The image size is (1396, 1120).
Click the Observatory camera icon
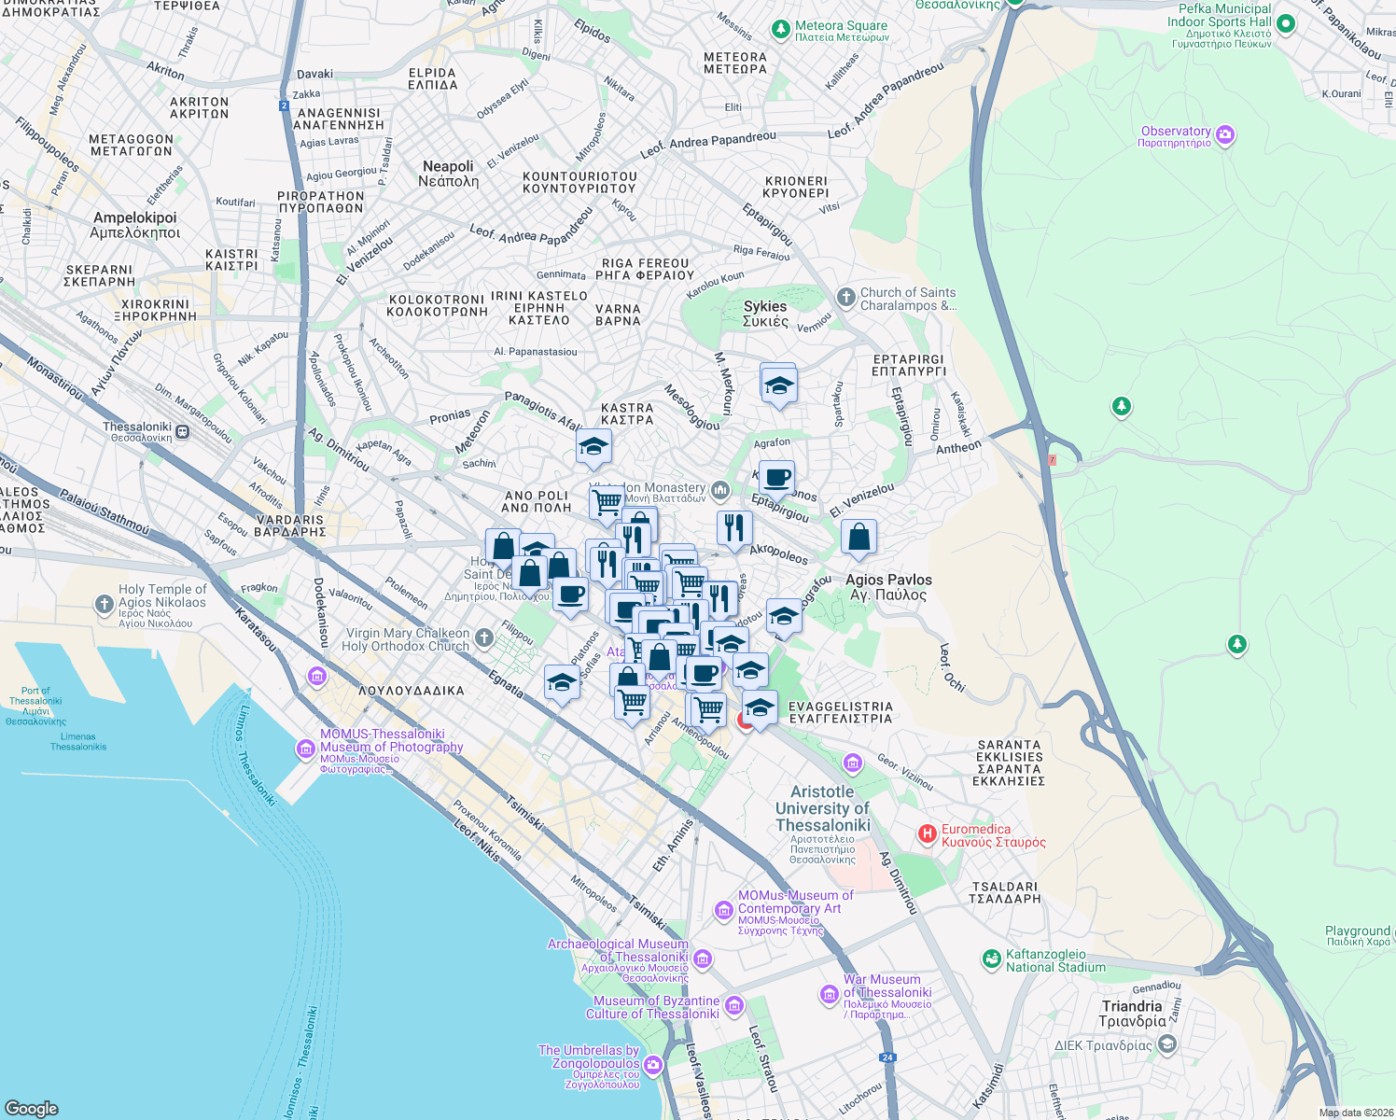1225,135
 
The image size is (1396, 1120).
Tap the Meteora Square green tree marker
781,31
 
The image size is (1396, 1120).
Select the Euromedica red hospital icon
927,834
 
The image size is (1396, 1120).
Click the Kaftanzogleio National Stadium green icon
991,959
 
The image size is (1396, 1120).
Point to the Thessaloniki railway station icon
183,432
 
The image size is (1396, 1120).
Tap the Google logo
32,1108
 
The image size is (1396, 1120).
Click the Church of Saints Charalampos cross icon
845,298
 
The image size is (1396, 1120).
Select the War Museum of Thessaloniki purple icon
829,995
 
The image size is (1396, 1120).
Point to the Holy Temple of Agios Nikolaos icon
105,604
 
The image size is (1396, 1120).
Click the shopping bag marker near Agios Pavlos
859,538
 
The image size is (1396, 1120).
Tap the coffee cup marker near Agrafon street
776,479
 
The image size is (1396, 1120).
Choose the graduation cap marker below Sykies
778,384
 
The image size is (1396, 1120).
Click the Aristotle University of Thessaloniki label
822,808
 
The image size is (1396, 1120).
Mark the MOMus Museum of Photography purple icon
305,749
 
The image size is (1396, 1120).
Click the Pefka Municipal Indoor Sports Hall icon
1285,24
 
